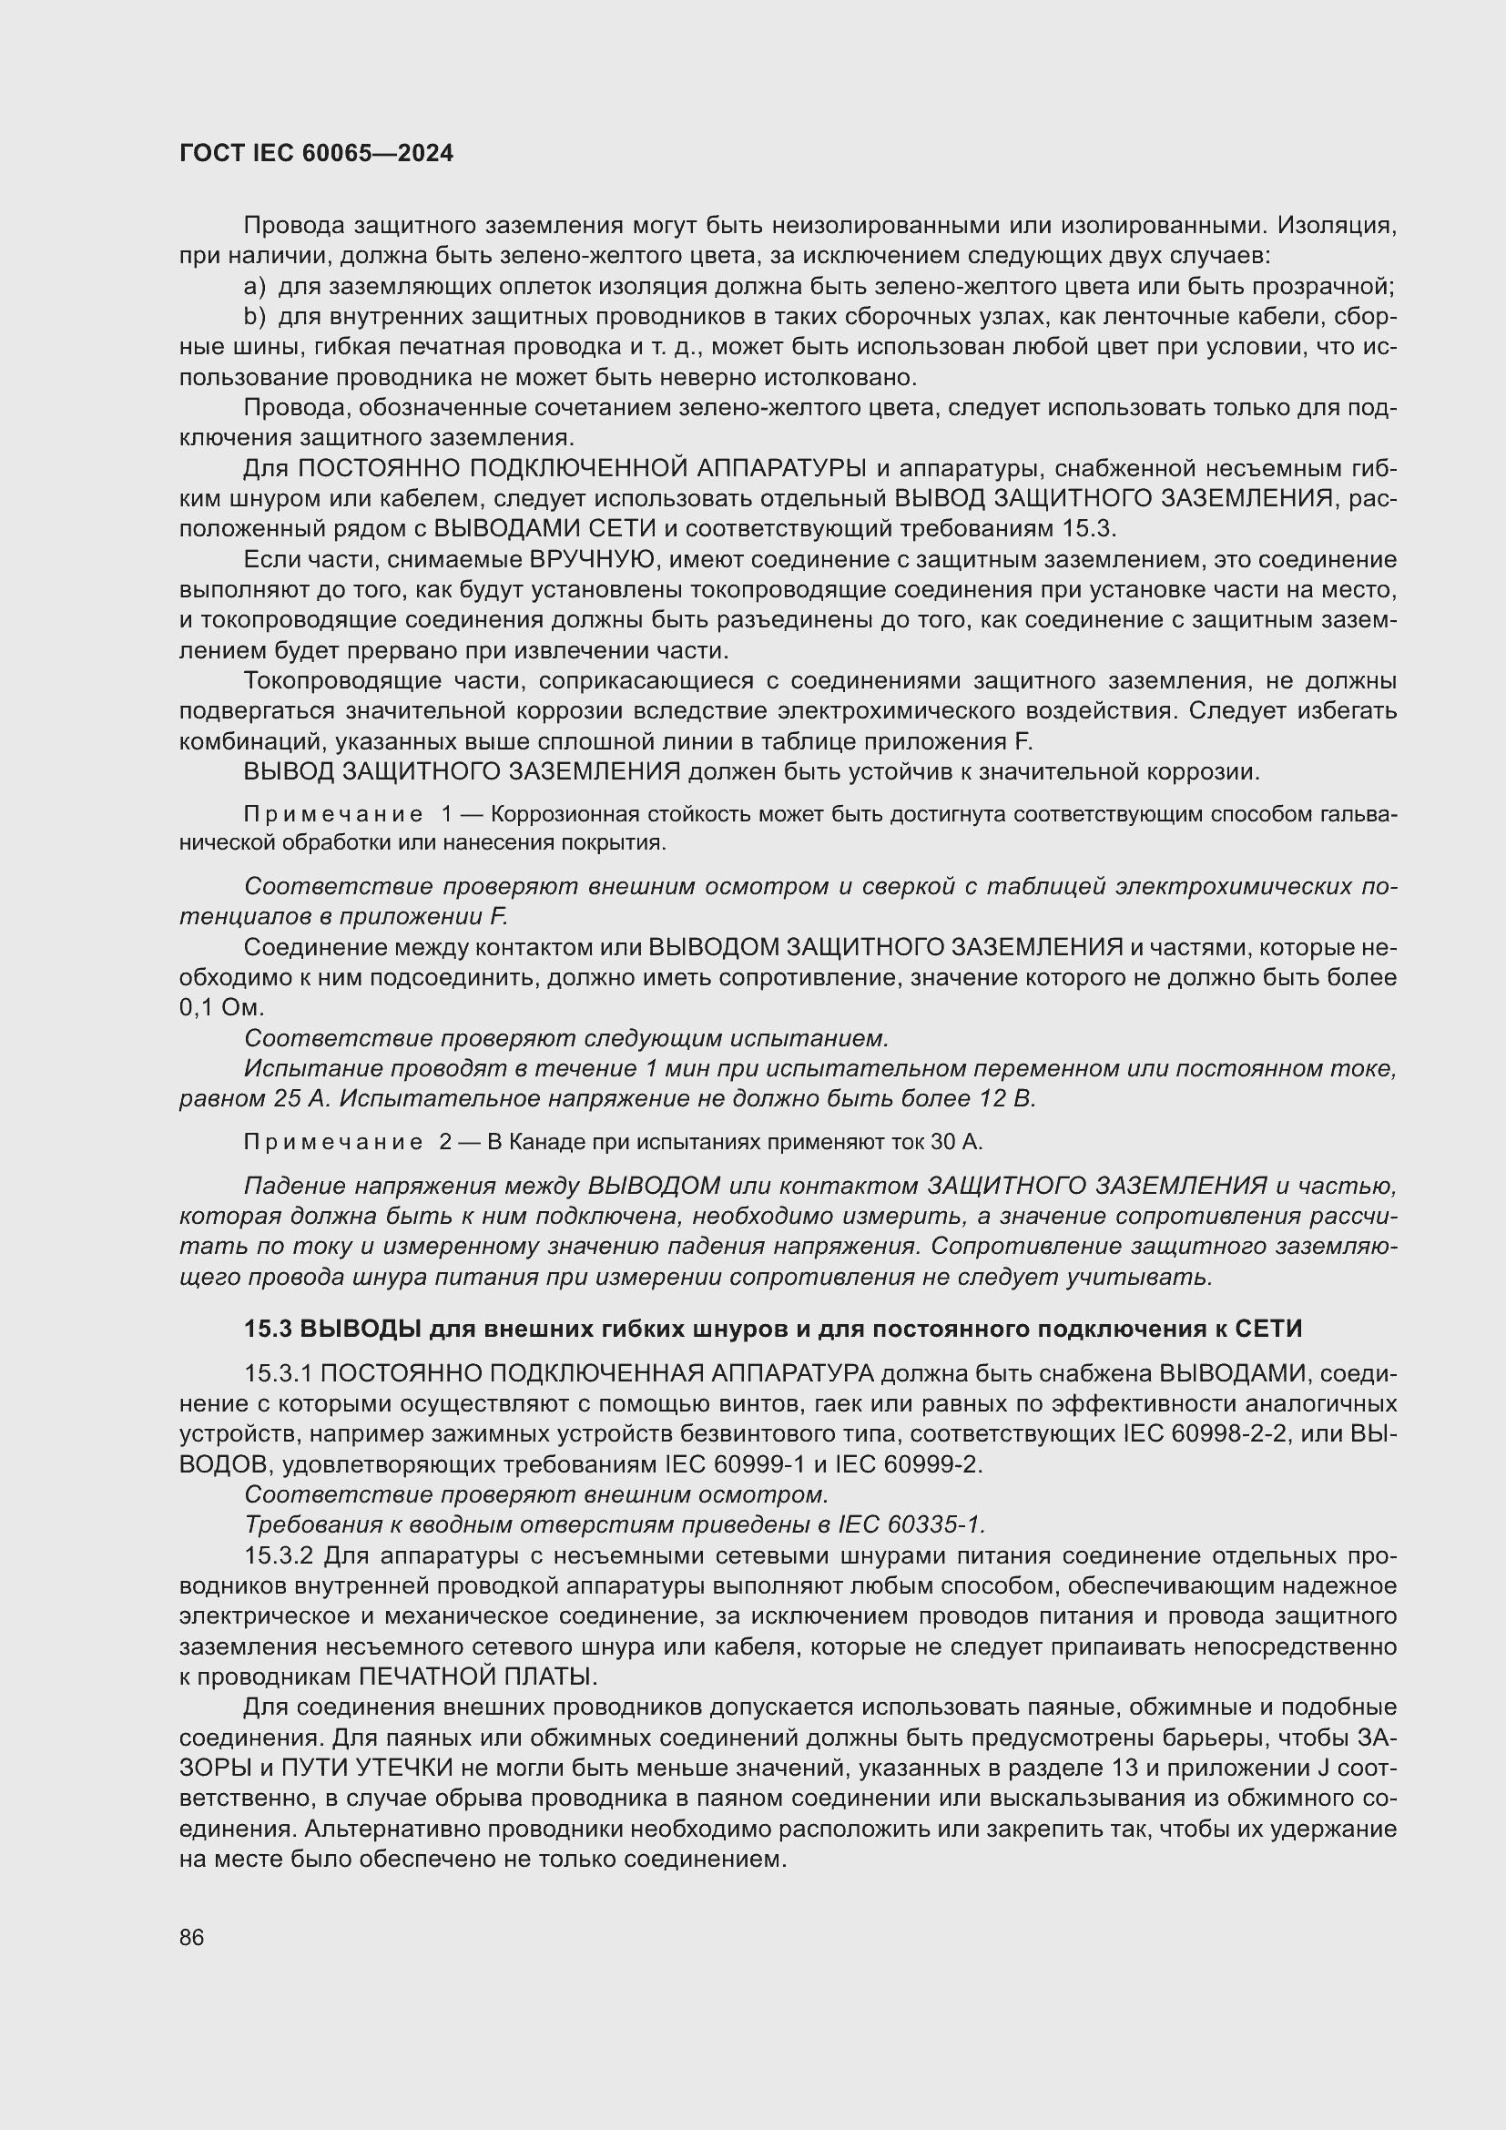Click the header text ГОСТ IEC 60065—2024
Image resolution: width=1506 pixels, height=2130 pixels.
point(316,154)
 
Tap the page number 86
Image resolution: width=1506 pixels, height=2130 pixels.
point(192,1937)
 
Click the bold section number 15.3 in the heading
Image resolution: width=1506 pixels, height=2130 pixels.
point(268,1330)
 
